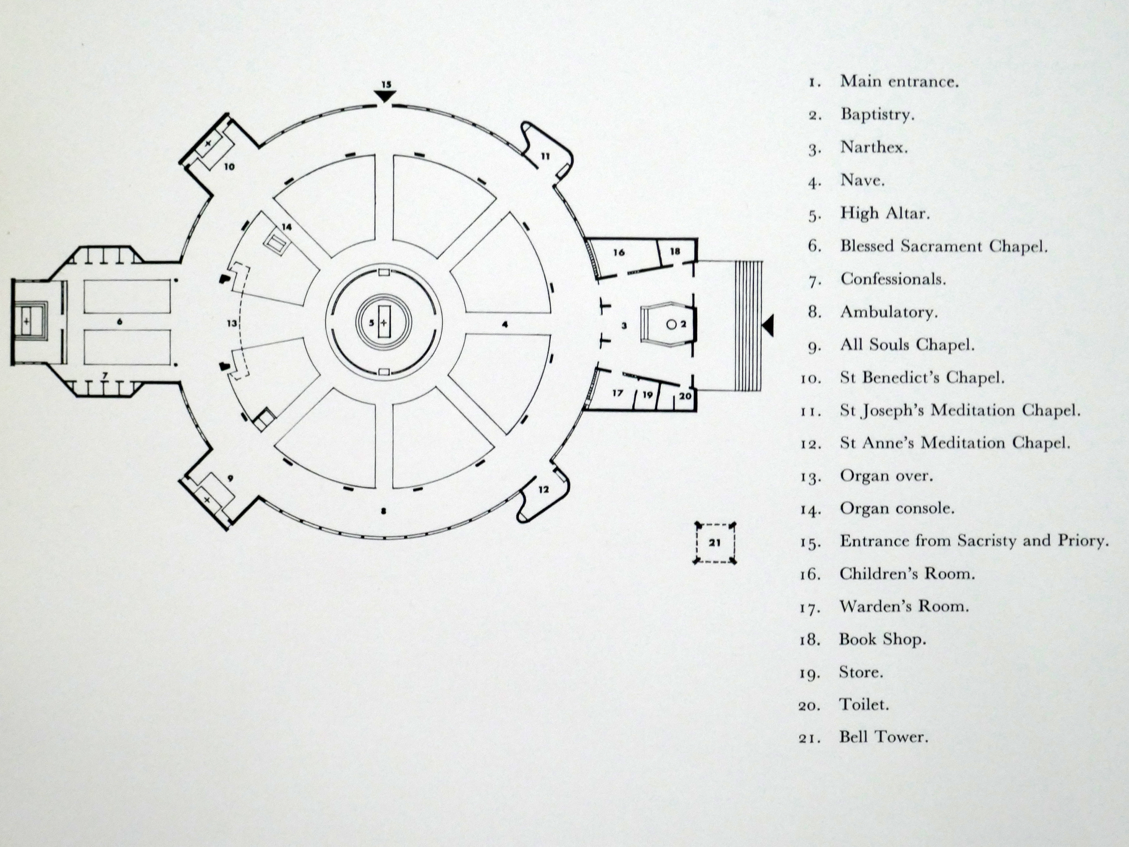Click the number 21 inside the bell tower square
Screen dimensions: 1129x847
pyautogui.click(x=714, y=543)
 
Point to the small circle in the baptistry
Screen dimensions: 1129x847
pyautogui.click(x=672, y=324)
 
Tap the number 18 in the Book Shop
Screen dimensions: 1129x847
pyautogui.click(x=675, y=251)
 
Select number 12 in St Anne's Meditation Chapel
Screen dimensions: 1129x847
pyautogui.click(x=544, y=489)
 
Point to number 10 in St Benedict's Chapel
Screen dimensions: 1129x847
pyautogui.click(x=229, y=166)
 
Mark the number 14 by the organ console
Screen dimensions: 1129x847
pyautogui.click(x=287, y=227)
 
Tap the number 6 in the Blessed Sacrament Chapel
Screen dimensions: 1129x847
pyautogui.click(x=120, y=322)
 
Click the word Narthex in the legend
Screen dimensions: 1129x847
pyautogui.click(x=874, y=147)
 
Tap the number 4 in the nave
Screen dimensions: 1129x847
pyautogui.click(x=505, y=324)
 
